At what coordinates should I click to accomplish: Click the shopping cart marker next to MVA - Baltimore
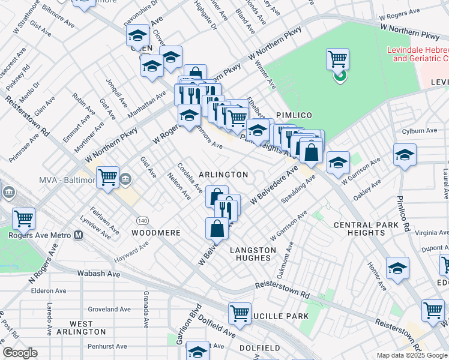tap(107, 178)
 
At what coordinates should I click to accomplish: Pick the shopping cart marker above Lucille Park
tap(240, 313)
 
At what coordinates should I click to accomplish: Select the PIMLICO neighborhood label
tap(291, 114)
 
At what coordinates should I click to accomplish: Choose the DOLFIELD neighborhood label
tap(259, 347)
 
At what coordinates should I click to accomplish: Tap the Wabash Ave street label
tap(98, 274)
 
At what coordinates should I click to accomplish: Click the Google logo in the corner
tap(20, 353)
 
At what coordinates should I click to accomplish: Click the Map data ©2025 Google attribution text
tap(411, 355)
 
